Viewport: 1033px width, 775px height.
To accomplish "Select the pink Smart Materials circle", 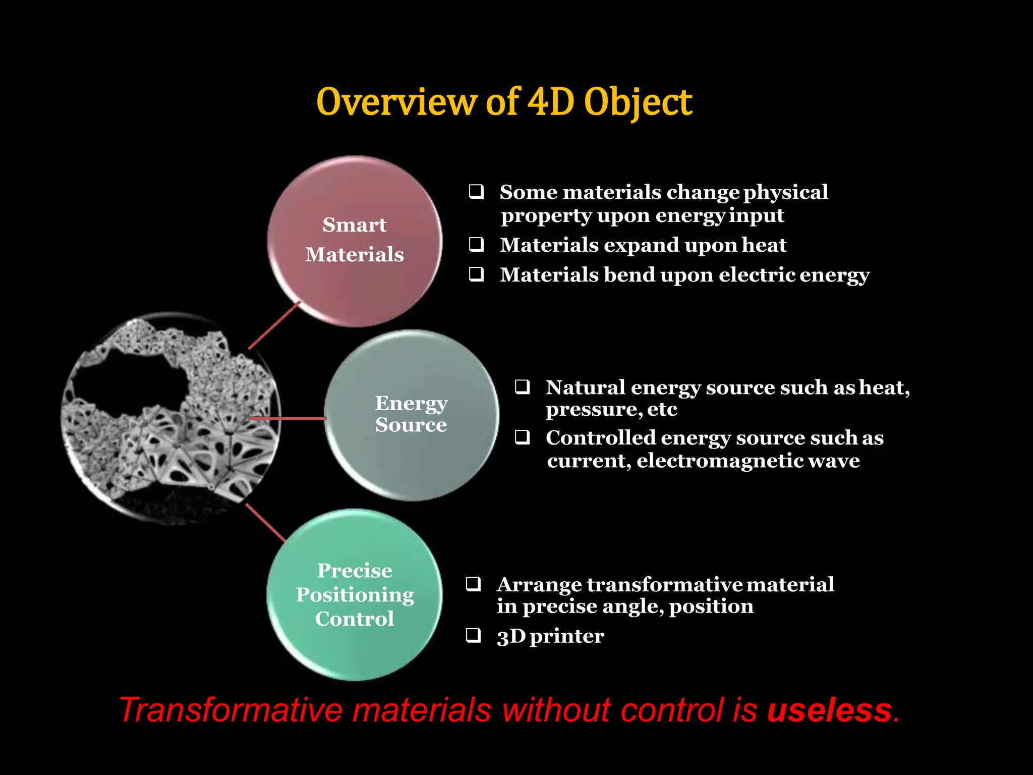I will pyautogui.click(x=355, y=241).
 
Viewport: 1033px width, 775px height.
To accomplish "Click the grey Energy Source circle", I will pyautogui.click(x=411, y=415).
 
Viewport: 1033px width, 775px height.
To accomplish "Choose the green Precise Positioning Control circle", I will pyautogui.click(x=355, y=594).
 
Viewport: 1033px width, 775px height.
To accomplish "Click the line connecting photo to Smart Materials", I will pyautogui.click(x=274, y=325).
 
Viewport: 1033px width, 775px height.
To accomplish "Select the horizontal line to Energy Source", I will pyautogui.click(x=288, y=418).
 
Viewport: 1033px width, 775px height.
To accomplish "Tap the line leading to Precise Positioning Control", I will pyautogui.click(x=265, y=523).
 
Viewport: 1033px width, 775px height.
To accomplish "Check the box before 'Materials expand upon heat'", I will pyautogui.click(x=476, y=245).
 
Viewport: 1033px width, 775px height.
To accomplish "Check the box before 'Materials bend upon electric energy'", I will pyautogui.click(x=476, y=274).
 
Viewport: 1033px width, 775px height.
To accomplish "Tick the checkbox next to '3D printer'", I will pyautogui.click(x=473, y=635).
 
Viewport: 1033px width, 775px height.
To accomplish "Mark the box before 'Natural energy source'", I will pyautogui.click(x=522, y=387).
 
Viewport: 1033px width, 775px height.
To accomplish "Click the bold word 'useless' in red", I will pyautogui.click(x=830, y=710).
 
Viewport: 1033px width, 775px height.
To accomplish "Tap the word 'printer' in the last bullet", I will pyautogui.click(x=567, y=636).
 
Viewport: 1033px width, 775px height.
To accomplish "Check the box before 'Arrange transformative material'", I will pyautogui.click(x=473, y=584).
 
